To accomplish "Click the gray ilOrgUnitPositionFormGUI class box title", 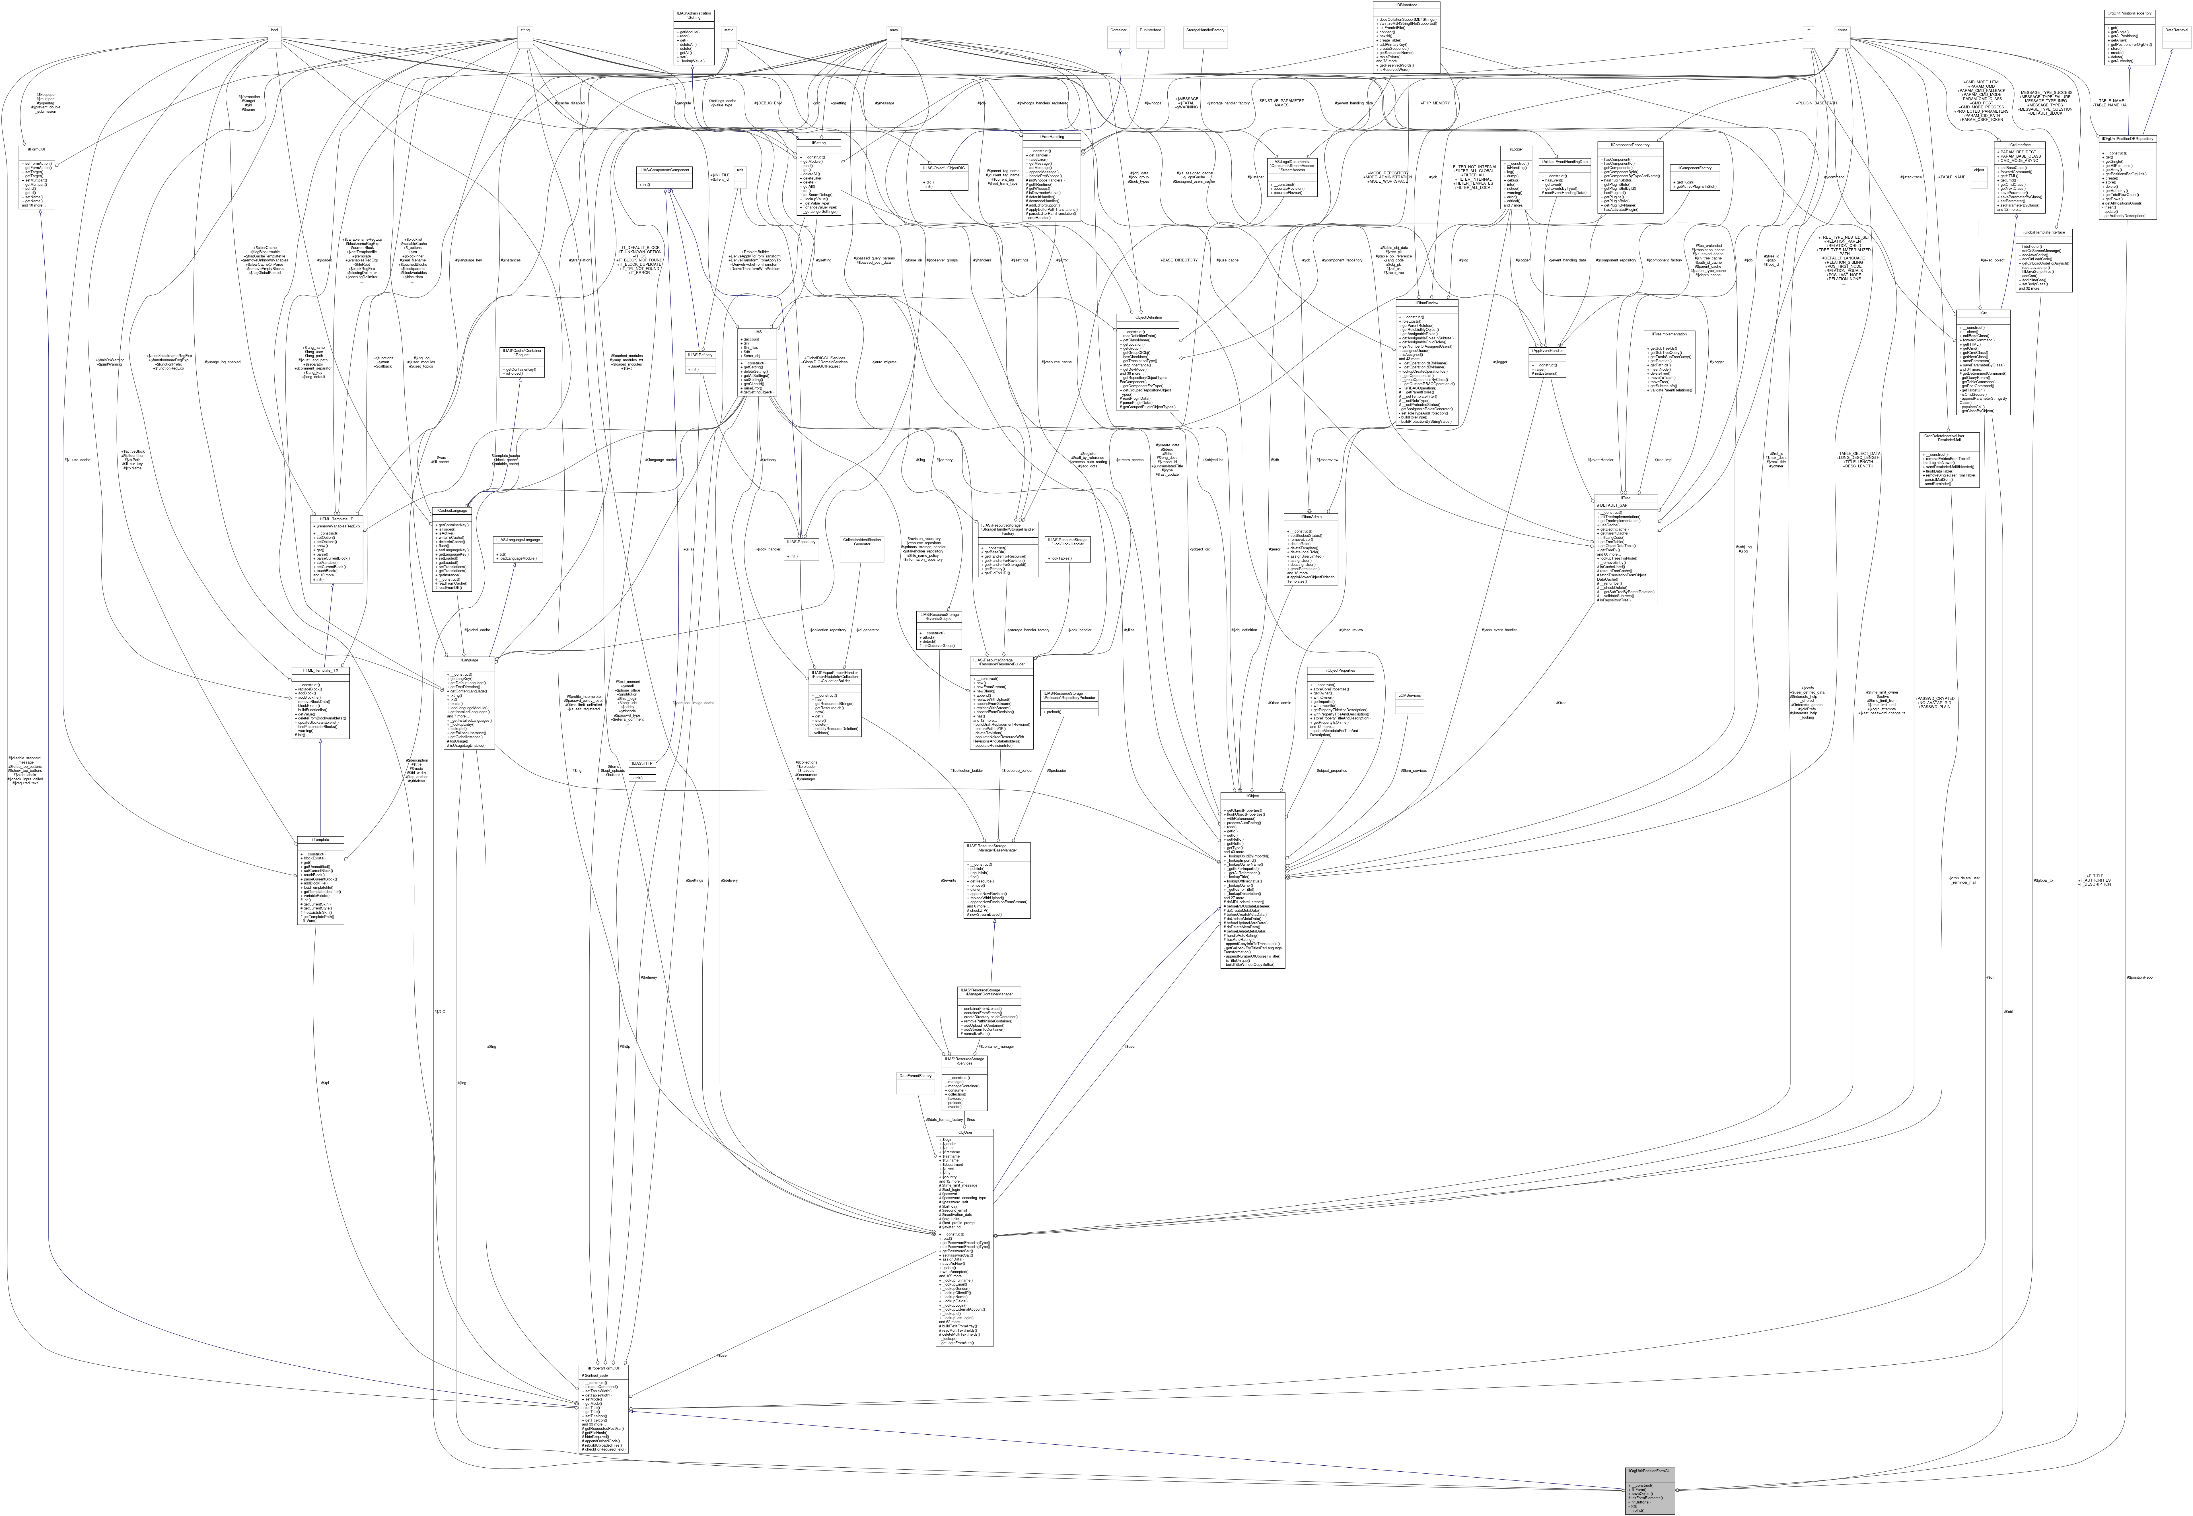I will point(1649,1470).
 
